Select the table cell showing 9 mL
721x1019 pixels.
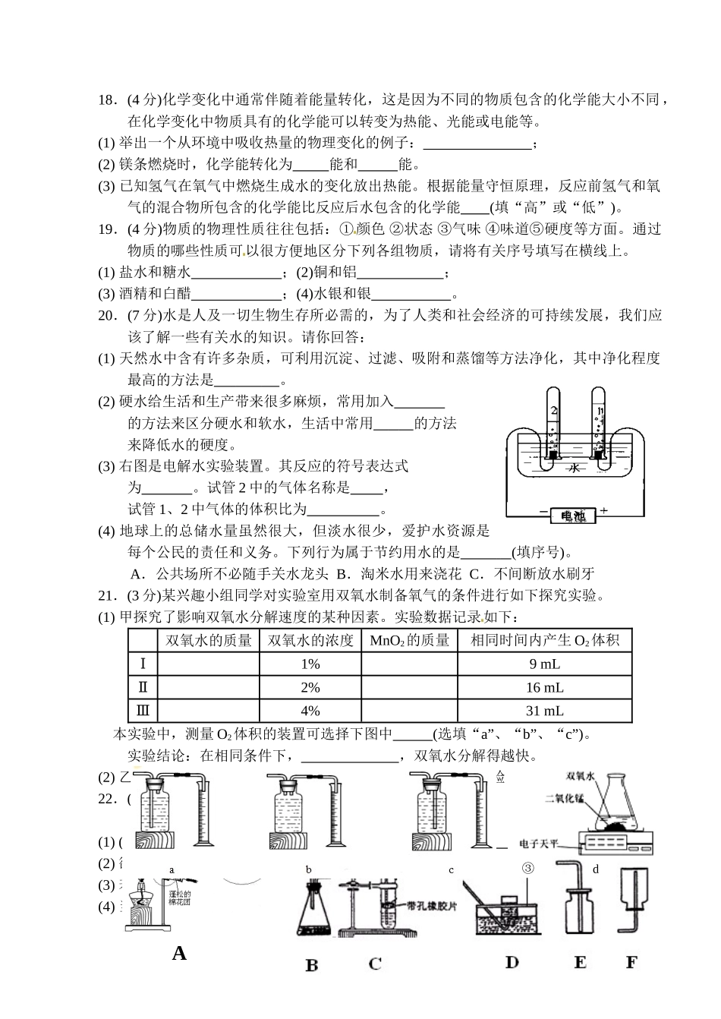(x=544, y=664)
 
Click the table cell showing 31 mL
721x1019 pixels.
(x=544, y=711)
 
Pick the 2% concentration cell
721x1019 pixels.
(x=310, y=688)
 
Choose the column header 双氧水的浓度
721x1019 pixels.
(x=310, y=641)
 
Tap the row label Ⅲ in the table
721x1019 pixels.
(x=143, y=711)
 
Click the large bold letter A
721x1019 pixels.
(x=179, y=954)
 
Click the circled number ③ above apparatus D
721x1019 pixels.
(x=529, y=868)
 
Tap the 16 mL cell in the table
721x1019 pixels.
(x=544, y=688)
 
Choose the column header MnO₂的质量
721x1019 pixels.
(x=409, y=641)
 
